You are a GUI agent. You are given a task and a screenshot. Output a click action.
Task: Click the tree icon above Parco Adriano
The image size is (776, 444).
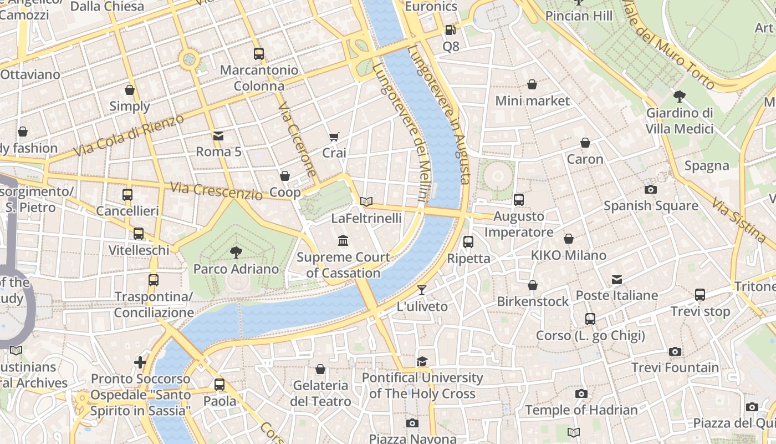pyautogui.click(x=236, y=253)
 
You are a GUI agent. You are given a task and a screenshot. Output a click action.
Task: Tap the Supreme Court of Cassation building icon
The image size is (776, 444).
pyautogui.click(x=343, y=241)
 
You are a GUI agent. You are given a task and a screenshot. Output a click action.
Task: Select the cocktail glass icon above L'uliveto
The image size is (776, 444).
pyautogui.click(x=422, y=290)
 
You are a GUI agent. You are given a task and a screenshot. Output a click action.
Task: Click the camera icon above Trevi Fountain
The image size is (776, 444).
pyautogui.click(x=675, y=351)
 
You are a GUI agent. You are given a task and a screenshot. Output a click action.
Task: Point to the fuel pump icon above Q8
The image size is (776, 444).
pyautogui.click(x=451, y=30)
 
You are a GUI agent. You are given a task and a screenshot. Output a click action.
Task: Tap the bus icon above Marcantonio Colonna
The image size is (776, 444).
pyautogui.click(x=259, y=54)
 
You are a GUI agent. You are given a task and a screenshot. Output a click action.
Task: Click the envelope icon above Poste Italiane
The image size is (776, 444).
pyautogui.click(x=617, y=279)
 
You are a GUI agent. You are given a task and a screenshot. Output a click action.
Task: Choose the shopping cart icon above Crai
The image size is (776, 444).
pyautogui.click(x=334, y=137)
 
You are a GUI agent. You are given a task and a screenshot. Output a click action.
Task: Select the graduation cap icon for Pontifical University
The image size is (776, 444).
pyautogui.click(x=422, y=361)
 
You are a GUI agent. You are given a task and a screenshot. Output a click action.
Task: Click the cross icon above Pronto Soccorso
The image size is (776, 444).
pyautogui.click(x=140, y=362)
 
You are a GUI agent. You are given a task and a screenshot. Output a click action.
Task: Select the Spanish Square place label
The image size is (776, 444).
pyautogui.click(x=651, y=206)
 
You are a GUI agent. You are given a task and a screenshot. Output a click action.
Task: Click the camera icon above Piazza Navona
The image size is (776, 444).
pyautogui.click(x=412, y=423)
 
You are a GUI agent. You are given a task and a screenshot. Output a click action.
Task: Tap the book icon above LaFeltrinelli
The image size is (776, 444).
pyautogui.click(x=366, y=201)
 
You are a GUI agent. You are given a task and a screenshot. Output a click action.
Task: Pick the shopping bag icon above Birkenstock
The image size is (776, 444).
pyautogui.click(x=533, y=285)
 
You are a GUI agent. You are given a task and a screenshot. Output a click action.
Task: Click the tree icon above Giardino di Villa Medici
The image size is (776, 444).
pyautogui.click(x=679, y=97)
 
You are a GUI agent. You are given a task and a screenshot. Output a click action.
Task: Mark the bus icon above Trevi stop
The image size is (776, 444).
pyautogui.click(x=700, y=295)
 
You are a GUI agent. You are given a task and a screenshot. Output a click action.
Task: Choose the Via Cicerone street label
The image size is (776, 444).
pyautogui.click(x=297, y=139)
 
